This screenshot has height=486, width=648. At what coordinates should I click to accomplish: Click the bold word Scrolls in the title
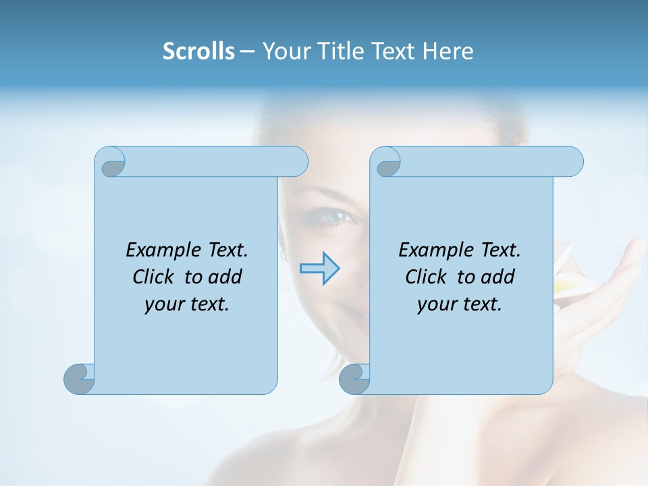(x=198, y=51)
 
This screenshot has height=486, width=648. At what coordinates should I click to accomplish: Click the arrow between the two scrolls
(x=320, y=269)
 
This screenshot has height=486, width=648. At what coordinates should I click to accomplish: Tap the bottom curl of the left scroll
(x=79, y=378)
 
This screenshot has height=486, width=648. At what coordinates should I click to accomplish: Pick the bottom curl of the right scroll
(x=354, y=378)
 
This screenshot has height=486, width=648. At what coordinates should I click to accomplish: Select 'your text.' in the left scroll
(x=187, y=304)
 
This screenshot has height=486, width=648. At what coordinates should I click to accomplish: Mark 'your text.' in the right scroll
(x=460, y=304)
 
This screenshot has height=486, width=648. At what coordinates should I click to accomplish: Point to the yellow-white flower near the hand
(x=567, y=277)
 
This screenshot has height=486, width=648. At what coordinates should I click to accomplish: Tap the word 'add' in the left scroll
(x=226, y=277)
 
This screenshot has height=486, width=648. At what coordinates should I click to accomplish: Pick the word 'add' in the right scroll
(x=499, y=277)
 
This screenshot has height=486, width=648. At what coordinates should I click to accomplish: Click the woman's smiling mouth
(x=351, y=312)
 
